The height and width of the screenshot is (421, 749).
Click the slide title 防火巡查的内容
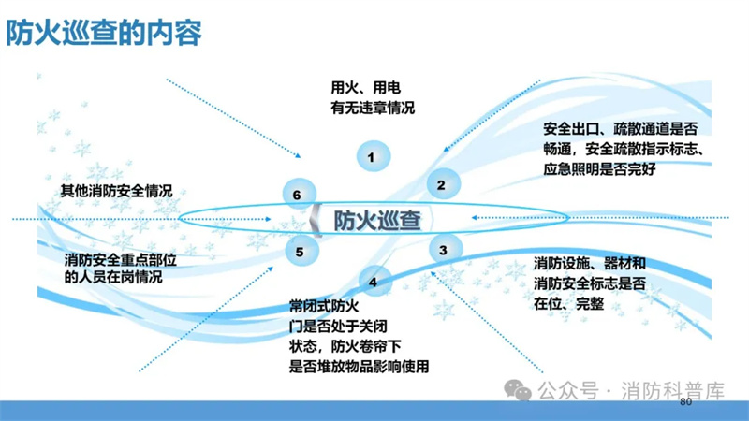[104, 33]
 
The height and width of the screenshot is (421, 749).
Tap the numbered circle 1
[374, 156]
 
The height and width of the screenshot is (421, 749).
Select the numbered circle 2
[443, 184]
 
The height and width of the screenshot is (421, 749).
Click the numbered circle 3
[446, 249]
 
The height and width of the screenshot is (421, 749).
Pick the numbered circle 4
[375, 282]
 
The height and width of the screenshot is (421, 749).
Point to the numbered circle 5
[301, 251]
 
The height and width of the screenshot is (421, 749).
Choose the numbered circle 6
[300, 195]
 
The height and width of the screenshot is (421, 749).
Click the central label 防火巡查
[377, 221]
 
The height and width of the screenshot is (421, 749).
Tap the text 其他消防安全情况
[116, 192]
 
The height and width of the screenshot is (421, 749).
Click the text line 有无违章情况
[373, 108]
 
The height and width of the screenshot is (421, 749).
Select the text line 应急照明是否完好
[599, 169]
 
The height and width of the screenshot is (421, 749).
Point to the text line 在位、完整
[569, 303]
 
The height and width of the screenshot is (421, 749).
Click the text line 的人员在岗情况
[113, 277]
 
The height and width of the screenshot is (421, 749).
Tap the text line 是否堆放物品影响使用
[360, 367]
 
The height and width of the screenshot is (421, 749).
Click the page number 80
[685, 402]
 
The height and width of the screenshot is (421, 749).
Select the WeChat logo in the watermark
[518, 390]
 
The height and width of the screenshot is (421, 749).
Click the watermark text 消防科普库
[672, 391]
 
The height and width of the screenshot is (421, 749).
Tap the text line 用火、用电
[366, 88]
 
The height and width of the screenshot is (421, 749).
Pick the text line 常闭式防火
[324, 306]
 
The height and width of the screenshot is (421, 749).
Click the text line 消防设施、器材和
[590, 263]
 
